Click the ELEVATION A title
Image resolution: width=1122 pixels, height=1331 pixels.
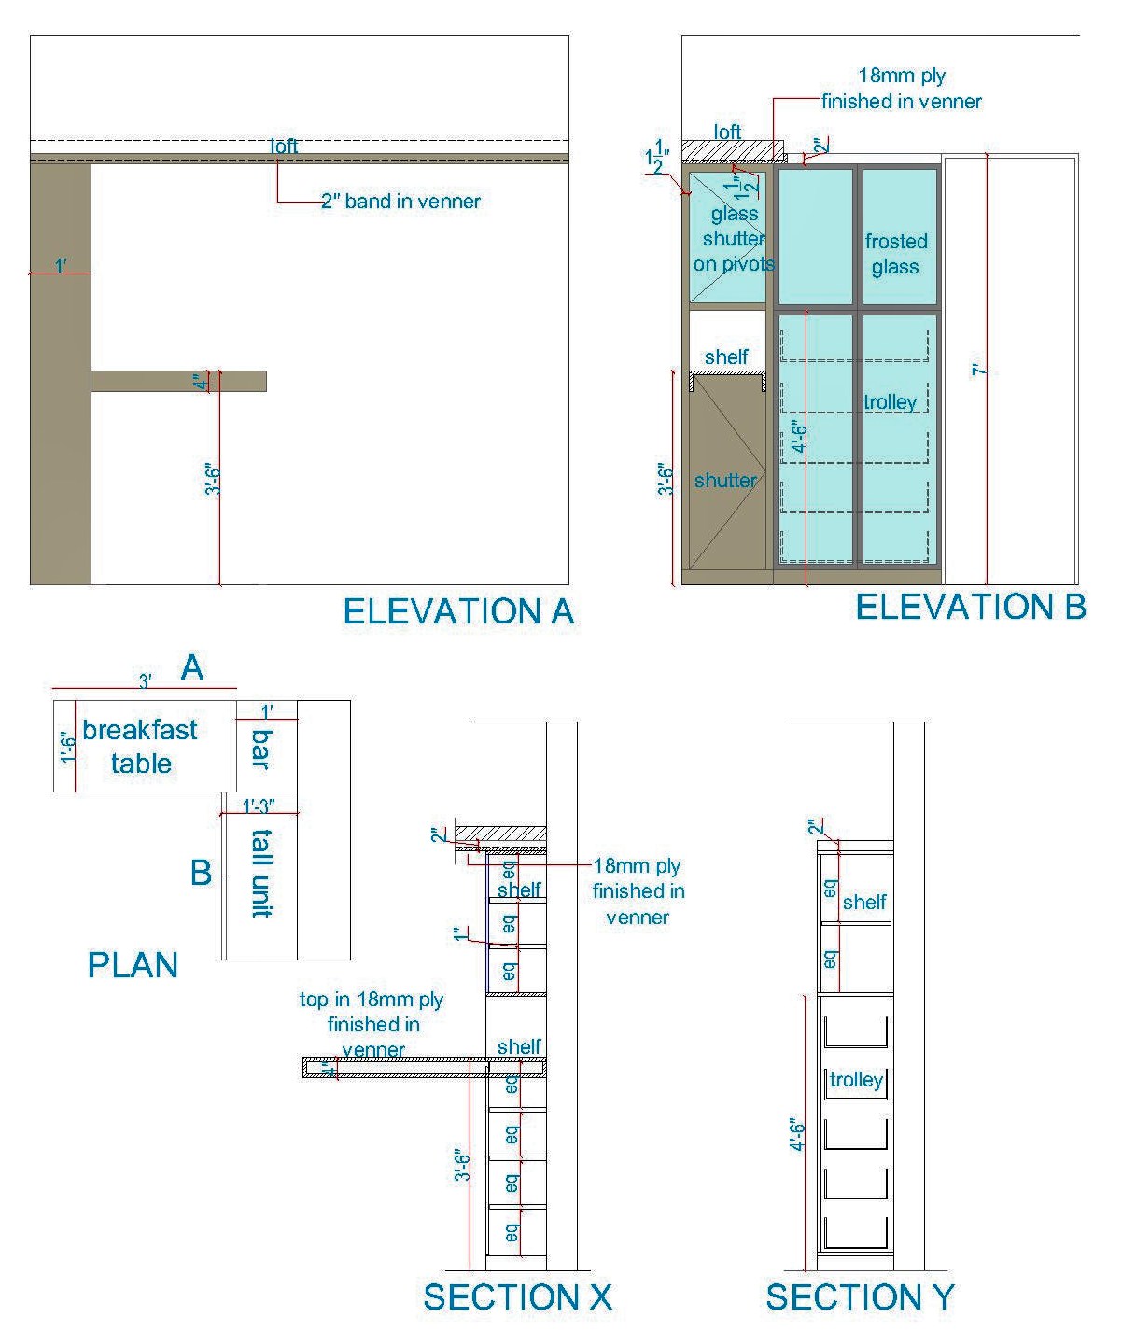(x=457, y=612)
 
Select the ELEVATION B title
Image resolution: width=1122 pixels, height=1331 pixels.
(x=970, y=608)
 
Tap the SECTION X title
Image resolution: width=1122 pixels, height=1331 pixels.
(x=517, y=1297)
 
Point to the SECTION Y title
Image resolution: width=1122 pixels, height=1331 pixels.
(x=860, y=1297)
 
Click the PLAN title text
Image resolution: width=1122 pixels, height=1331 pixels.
(x=133, y=965)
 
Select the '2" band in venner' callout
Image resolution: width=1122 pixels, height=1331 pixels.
(x=400, y=202)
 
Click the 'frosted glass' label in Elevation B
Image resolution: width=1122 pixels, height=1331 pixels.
(x=895, y=254)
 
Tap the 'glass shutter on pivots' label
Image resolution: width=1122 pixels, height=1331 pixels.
(x=734, y=239)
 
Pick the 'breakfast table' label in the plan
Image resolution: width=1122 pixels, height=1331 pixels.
(x=140, y=747)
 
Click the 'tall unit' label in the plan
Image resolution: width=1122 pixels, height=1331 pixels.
(x=261, y=873)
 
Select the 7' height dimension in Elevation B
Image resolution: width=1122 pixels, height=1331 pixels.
(x=978, y=371)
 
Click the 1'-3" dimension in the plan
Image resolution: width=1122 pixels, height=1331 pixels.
(x=259, y=806)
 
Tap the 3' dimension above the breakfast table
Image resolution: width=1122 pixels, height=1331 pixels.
(x=146, y=681)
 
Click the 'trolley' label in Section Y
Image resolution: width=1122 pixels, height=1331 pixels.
(x=856, y=1080)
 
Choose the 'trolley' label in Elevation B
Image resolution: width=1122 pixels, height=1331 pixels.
(x=890, y=402)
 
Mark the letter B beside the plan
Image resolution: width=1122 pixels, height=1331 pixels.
(x=201, y=874)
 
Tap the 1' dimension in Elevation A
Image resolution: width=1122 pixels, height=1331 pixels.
(x=60, y=266)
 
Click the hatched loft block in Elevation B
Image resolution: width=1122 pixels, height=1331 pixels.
(x=730, y=151)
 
